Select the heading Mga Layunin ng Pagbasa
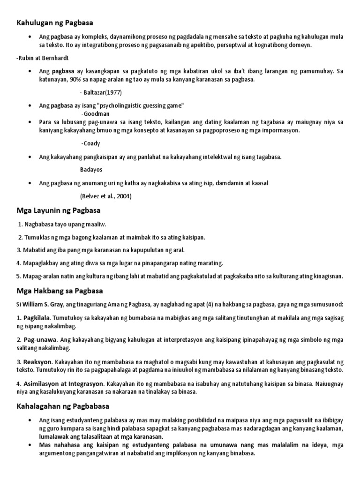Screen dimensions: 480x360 (x=59, y=210)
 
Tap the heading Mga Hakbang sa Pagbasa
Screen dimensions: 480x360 (x=60, y=291)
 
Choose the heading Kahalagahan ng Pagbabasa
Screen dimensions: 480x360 (x=63, y=405)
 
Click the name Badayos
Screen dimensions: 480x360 (x=91, y=169)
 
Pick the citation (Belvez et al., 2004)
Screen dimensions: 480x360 (x=106, y=196)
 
